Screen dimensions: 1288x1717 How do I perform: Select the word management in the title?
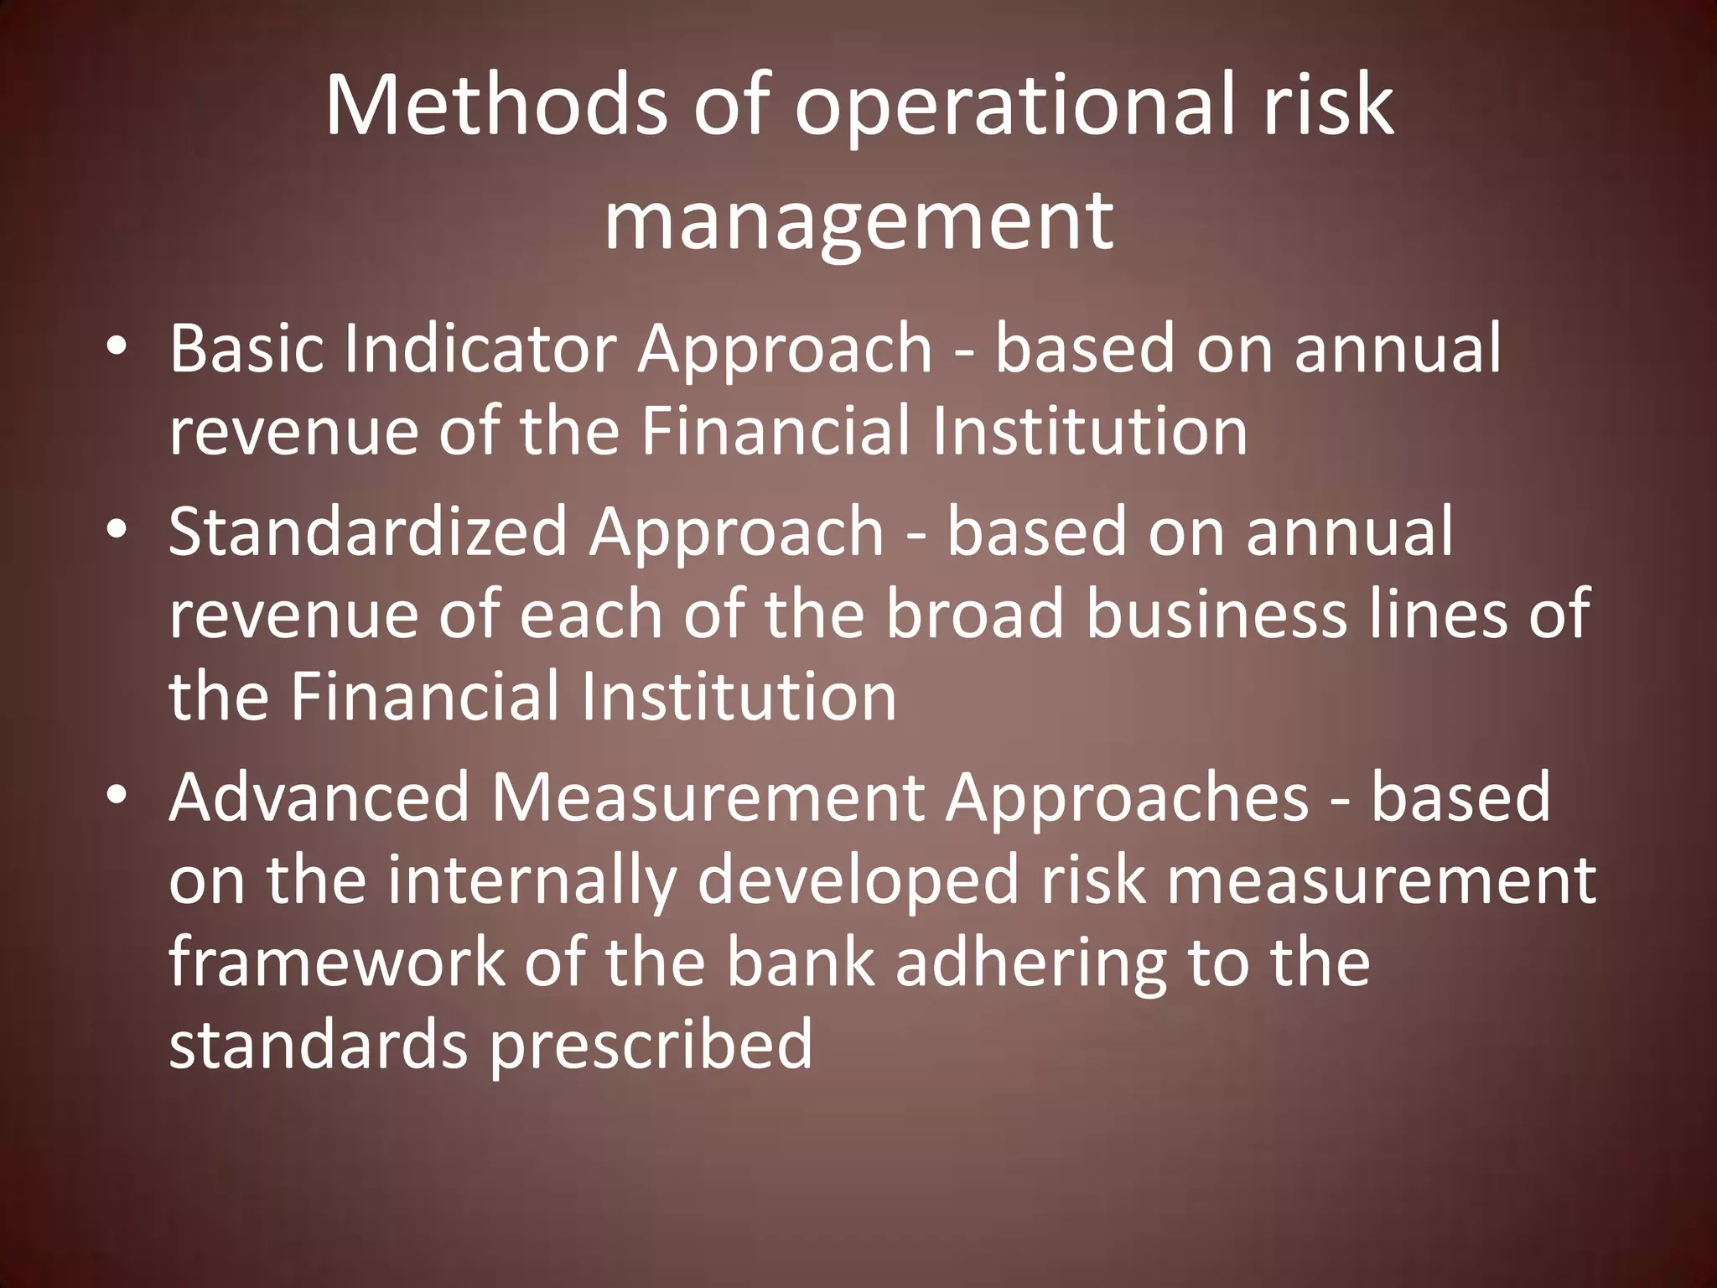[x=858, y=222]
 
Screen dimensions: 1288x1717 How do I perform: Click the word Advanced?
[x=319, y=797]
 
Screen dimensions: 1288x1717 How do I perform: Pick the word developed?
[x=858, y=883]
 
